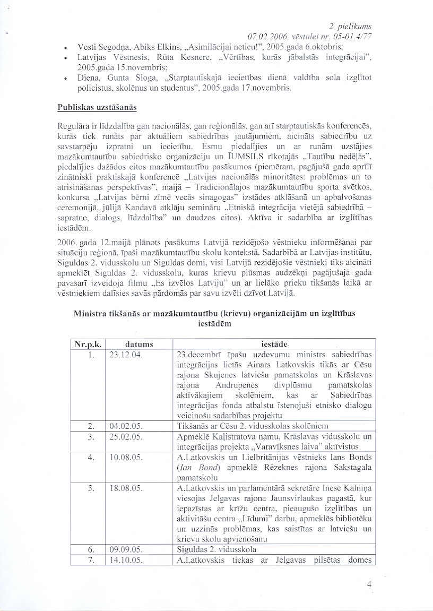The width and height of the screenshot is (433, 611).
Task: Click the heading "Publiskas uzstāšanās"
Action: pyautogui.click(x=97, y=107)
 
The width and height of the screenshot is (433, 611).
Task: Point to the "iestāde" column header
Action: pyautogui.click(x=274, y=344)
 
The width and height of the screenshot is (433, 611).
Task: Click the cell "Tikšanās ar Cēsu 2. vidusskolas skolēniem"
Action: pyautogui.click(x=253, y=426)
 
